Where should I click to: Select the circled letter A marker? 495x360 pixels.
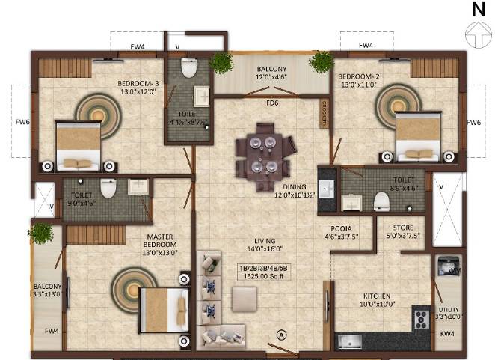[282, 335]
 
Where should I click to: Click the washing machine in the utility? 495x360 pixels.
[449, 267]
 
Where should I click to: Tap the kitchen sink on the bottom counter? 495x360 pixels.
[349, 341]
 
